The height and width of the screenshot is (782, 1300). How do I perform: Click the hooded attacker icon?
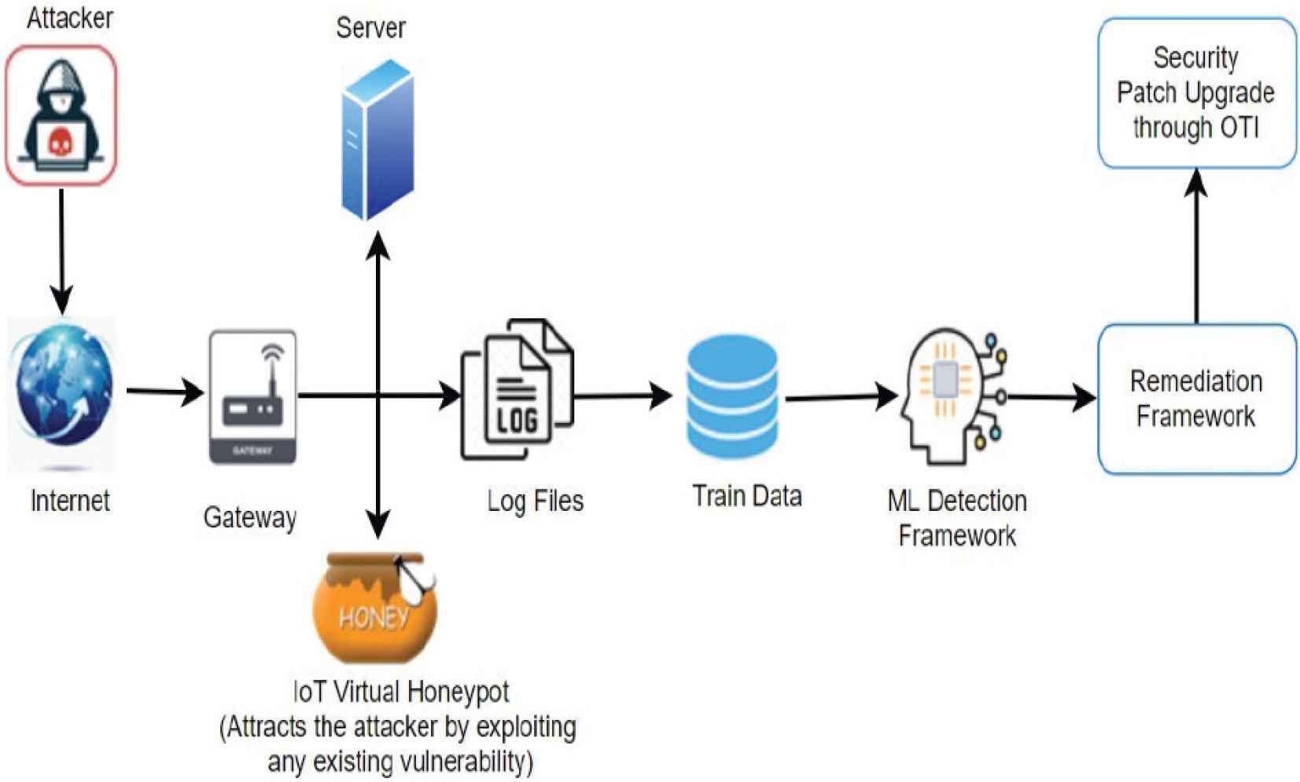61,116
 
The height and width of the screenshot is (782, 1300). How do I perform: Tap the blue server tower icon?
377,140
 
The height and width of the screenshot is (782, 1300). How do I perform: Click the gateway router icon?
252,397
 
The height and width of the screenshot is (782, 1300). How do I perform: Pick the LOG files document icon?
517,389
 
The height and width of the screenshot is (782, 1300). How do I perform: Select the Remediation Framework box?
1196,398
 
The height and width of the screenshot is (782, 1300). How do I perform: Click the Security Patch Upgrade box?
1196,93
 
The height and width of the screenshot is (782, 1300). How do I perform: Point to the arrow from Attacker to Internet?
61,251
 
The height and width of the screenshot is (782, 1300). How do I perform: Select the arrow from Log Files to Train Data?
621,395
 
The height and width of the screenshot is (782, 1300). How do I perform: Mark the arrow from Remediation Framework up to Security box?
1196,248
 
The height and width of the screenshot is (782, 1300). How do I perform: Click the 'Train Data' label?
746,496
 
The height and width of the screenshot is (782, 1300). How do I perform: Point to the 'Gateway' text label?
250,517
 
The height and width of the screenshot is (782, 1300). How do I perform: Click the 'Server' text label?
370,28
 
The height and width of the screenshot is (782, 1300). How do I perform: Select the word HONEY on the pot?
374,618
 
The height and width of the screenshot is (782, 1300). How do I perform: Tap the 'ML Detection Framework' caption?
957,518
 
